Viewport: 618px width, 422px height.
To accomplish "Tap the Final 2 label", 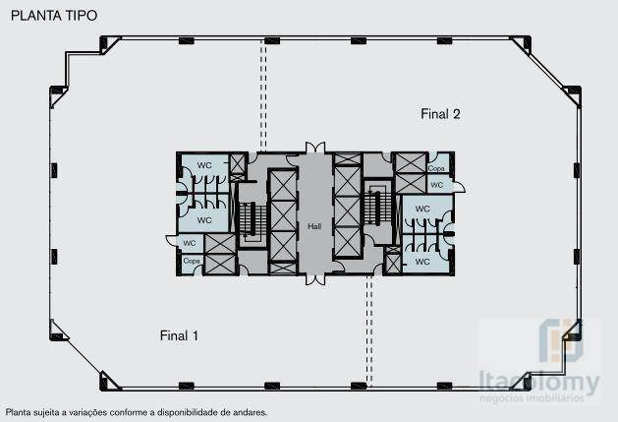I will (x=440, y=114).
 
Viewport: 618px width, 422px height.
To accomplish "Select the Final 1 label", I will (x=179, y=335).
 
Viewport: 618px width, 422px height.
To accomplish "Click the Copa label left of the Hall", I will (x=191, y=261).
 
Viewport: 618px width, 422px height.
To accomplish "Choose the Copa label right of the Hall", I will (x=436, y=168).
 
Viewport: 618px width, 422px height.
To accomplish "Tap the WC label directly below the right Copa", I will (x=437, y=184).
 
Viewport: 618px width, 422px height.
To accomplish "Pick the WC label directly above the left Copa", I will (x=191, y=243).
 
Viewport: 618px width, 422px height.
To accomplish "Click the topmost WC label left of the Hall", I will (x=204, y=164).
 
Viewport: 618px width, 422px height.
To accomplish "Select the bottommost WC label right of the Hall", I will (x=422, y=262).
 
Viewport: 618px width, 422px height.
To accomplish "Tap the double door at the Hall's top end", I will (x=314, y=149).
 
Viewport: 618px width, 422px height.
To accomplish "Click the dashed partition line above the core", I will (x=263, y=93).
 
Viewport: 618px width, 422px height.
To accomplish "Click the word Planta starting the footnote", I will (x=19, y=413).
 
